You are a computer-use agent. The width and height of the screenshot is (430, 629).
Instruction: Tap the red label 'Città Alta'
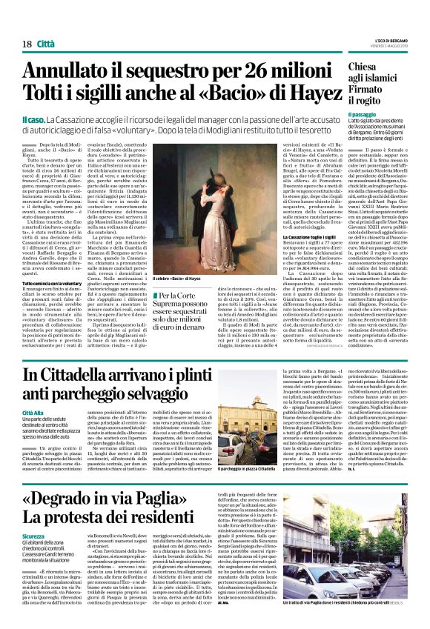point(34,411)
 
